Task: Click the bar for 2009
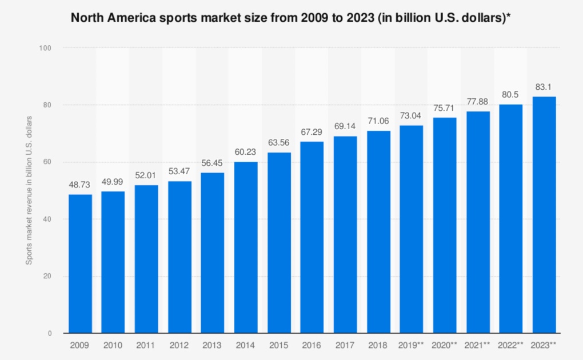81,263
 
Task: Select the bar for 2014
246,247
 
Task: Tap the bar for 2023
544,215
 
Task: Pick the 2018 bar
378,232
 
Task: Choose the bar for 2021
478,222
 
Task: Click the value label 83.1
543,87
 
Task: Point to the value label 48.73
79,185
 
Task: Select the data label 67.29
312,132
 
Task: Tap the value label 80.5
510,94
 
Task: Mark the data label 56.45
212,163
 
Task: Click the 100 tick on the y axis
45,48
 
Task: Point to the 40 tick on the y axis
47,219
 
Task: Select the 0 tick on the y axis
50,334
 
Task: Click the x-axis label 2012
179,345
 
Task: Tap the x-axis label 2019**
411,345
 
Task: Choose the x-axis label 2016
312,345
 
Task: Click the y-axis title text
29,190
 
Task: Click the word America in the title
131,18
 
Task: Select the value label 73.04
410,115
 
